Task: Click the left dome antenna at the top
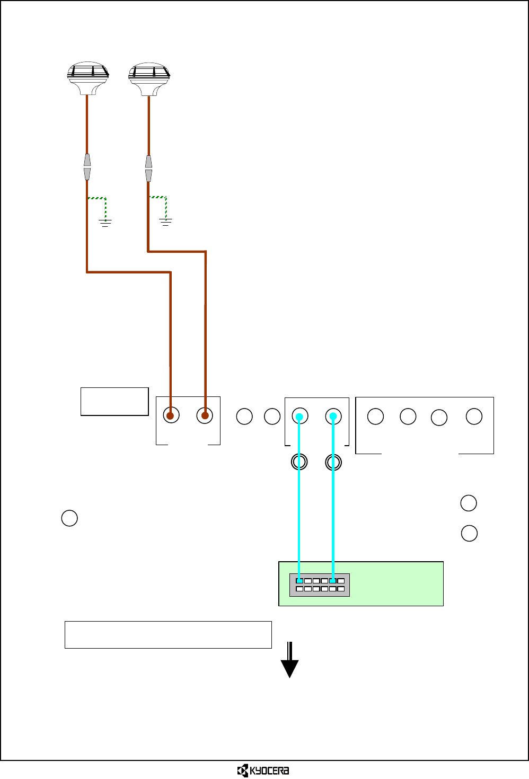point(88,77)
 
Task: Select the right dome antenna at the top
point(149,77)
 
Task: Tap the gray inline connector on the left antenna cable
point(87,167)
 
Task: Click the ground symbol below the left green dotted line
point(105,223)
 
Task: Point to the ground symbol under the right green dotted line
point(166,222)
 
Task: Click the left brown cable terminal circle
point(171,415)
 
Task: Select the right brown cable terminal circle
point(205,415)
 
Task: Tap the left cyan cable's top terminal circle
point(300,416)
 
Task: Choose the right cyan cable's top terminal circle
point(333,416)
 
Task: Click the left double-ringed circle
point(299,462)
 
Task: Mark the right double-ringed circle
point(333,463)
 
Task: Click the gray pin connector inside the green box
point(320,585)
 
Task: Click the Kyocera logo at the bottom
point(263,771)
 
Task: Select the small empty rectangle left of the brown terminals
point(114,402)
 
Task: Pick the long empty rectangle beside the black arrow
point(168,635)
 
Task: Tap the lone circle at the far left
point(69,518)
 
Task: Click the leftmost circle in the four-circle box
point(375,417)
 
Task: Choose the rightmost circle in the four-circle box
point(474,417)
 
